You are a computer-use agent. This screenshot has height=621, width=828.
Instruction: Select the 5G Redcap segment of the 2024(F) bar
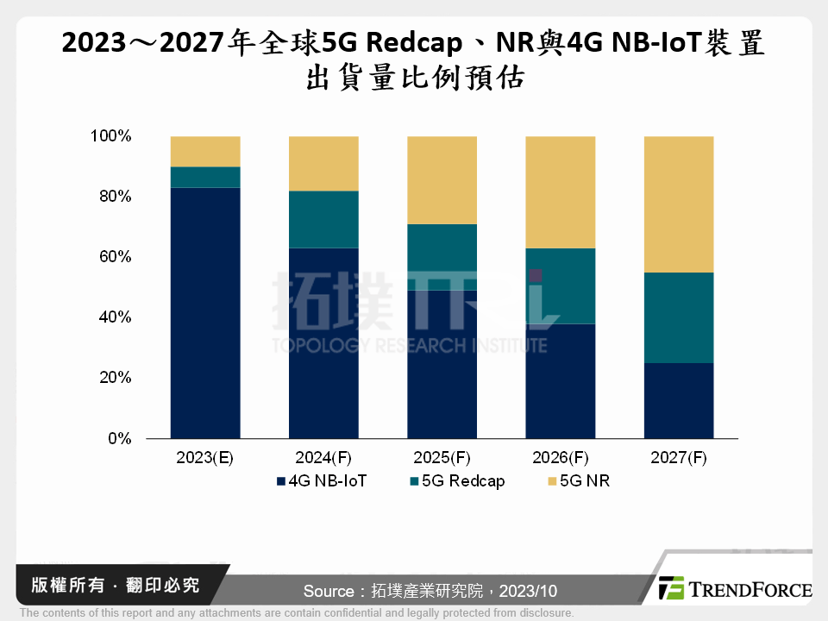point(323,219)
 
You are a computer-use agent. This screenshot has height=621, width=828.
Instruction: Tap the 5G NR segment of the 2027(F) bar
point(679,204)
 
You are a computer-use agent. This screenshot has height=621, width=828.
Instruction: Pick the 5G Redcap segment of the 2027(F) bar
point(679,317)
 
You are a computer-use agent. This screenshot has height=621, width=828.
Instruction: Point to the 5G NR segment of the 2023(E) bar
point(205,151)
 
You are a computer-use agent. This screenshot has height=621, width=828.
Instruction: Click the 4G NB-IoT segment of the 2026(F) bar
point(561,380)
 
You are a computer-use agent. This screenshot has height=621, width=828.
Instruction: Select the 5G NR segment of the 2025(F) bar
point(442,179)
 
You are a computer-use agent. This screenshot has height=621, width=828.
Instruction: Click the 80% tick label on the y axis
point(112,197)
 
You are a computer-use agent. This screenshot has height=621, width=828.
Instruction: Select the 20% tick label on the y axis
point(112,378)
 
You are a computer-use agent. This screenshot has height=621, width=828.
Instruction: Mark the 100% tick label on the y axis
point(110,136)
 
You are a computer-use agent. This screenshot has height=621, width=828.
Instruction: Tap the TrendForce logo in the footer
point(735,589)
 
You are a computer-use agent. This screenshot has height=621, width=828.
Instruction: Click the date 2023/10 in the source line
point(528,591)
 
